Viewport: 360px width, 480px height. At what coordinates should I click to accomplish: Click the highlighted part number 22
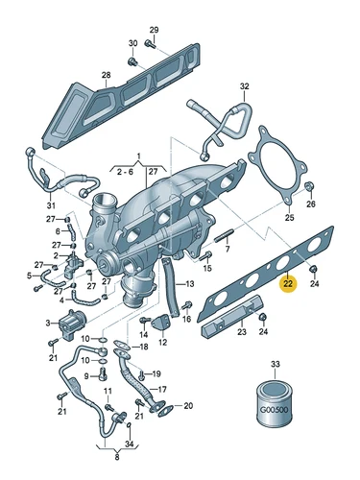(288, 282)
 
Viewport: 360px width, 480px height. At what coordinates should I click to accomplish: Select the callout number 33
(276, 364)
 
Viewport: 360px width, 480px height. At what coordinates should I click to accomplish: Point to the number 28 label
(106, 76)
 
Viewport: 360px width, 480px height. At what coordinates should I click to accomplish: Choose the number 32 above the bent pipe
(245, 87)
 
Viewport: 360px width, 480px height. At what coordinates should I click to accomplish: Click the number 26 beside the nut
(310, 205)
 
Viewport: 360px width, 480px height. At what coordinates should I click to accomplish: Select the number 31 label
(51, 204)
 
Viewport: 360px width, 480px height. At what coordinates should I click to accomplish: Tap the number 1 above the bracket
(137, 156)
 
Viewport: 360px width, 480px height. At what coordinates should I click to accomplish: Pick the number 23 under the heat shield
(242, 332)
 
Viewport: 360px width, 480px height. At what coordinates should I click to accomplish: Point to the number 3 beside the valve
(47, 324)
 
